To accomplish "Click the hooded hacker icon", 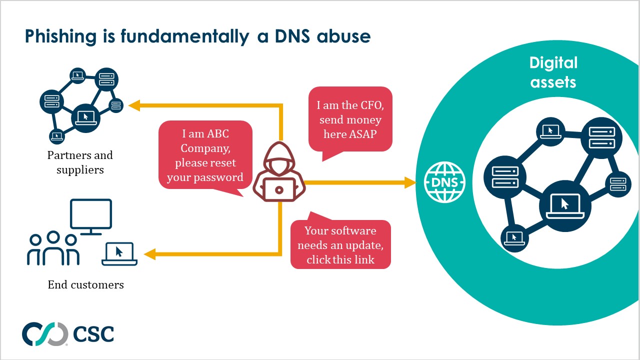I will (278, 172).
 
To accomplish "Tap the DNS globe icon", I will (444, 182).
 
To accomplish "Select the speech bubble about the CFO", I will (350, 120).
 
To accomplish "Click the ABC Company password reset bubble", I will (205, 155).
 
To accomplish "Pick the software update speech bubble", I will (340, 245).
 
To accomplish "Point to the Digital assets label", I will (553, 72).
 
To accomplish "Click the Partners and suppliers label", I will (80, 162).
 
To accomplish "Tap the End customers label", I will (85, 285).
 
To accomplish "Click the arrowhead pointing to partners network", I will (134, 105).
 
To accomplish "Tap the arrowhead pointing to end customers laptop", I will (149, 254).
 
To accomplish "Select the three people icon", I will (53, 248).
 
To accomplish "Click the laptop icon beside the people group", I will (119, 254).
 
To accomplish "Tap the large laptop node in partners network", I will (85, 118).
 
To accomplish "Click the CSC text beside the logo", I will (93, 334).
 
